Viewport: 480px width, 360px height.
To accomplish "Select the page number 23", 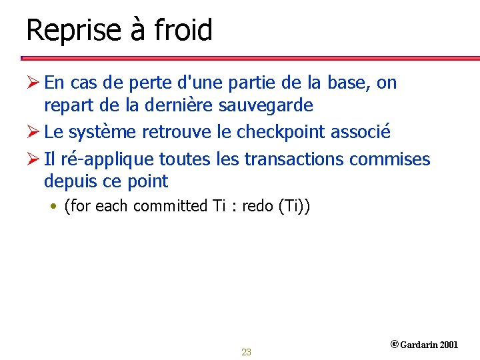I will click(x=246, y=352).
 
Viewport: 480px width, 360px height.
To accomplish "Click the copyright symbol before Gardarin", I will click(x=394, y=345).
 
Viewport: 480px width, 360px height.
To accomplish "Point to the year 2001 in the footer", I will click(x=449, y=345).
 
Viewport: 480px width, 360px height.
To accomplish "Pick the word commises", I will click(x=396, y=159).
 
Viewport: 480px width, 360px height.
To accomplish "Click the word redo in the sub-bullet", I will click(x=257, y=206).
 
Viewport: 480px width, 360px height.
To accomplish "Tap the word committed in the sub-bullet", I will click(x=171, y=206).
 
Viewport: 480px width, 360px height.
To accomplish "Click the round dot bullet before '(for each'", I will click(x=55, y=206).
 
